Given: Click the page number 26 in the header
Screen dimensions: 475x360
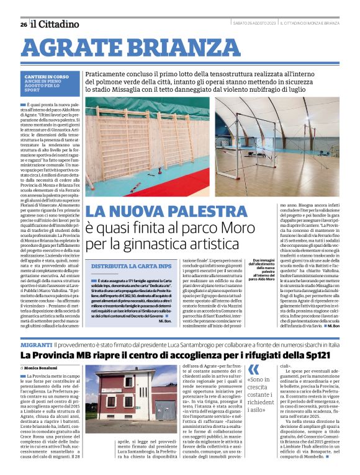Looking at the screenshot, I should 23,24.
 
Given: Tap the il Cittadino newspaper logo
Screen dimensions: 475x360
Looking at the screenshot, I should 56,24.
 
